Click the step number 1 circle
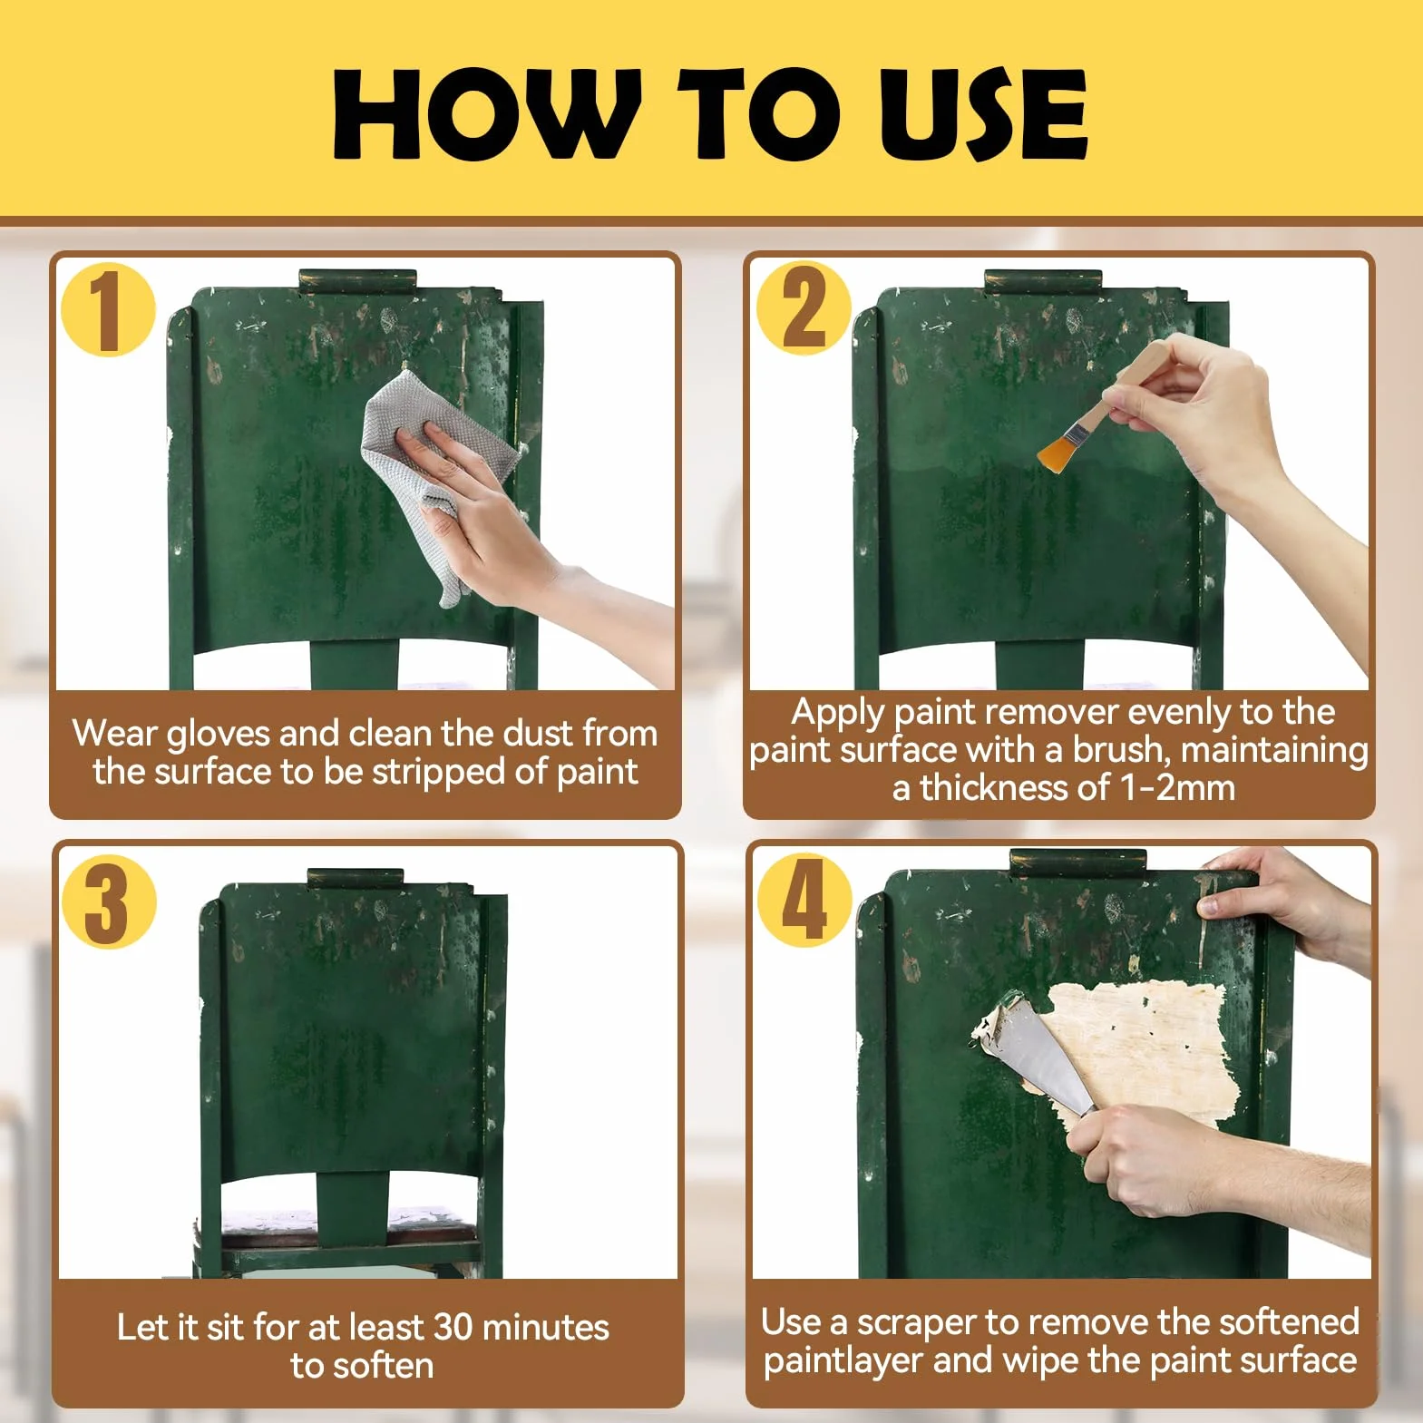click(x=108, y=308)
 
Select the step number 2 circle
click(x=803, y=308)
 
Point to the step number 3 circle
click(x=109, y=901)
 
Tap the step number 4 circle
click(x=804, y=901)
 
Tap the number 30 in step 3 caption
click(x=453, y=1328)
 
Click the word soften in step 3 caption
click(x=381, y=1366)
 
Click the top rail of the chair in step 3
click(x=355, y=878)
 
